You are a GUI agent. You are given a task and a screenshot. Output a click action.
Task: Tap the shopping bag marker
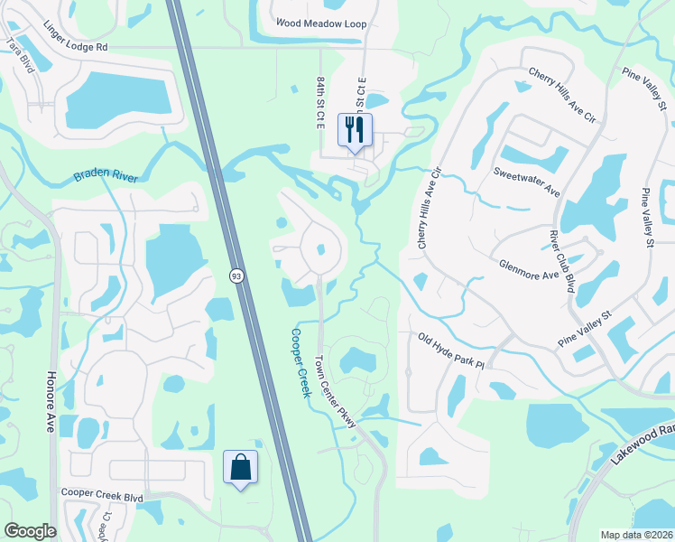pos(240,468)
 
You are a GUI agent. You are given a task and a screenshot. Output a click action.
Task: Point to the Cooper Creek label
pos(301,362)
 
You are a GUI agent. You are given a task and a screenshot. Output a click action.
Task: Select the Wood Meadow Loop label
pos(321,24)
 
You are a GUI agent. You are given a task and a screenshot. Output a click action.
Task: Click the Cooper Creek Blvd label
pos(102,496)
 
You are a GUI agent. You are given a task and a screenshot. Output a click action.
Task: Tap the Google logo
pos(30,531)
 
